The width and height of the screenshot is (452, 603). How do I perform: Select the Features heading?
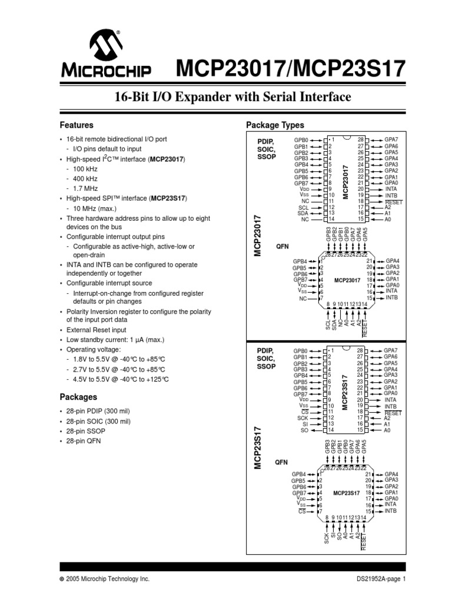[x=77, y=125]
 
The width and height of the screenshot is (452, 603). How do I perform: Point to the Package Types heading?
[x=275, y=125]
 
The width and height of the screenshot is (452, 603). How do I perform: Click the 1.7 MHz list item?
[x=87, y=188]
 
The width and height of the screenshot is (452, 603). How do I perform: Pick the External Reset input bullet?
[x=96, y=330]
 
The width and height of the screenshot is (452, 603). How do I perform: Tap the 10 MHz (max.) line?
[x=96, y=208]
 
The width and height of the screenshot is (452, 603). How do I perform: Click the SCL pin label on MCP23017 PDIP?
[x=303, y=207]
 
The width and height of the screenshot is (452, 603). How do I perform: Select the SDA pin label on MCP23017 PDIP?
[x=303, y=213]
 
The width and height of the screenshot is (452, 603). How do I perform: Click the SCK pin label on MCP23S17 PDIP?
[x=303, y=418]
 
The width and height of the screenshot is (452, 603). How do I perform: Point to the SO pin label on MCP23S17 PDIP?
[x=304, y=430]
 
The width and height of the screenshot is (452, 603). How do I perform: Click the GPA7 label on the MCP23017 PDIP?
[x=391, y=140]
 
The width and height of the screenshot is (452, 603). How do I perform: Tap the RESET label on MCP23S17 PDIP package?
[x=393, y=413]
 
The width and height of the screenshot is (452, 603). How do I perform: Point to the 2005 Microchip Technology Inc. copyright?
[x=108, y=579]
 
